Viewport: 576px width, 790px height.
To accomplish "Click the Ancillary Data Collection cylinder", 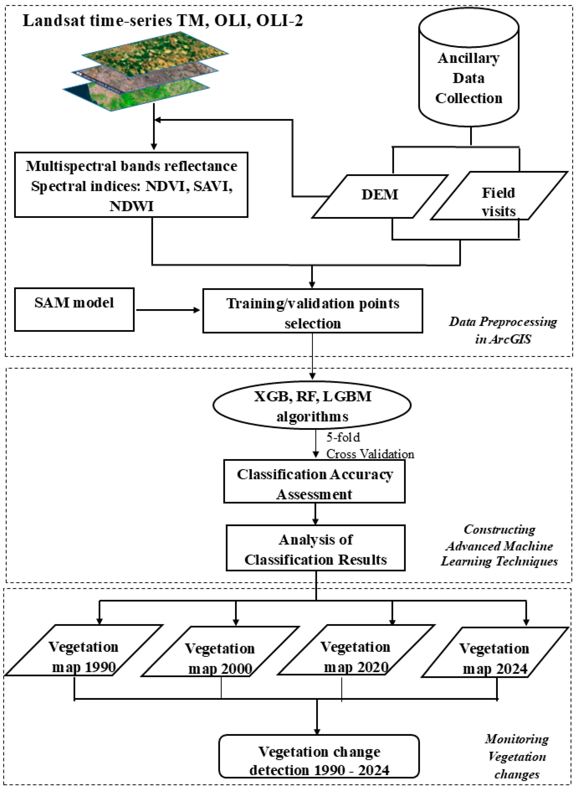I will (x=469, y=70).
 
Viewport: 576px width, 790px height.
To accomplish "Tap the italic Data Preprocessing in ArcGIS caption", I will (x=503, y=330).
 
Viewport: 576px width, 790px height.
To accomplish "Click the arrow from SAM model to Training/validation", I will (x=167, y=310).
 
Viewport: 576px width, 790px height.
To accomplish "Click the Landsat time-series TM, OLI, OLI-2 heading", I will (x=163, y=21).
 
